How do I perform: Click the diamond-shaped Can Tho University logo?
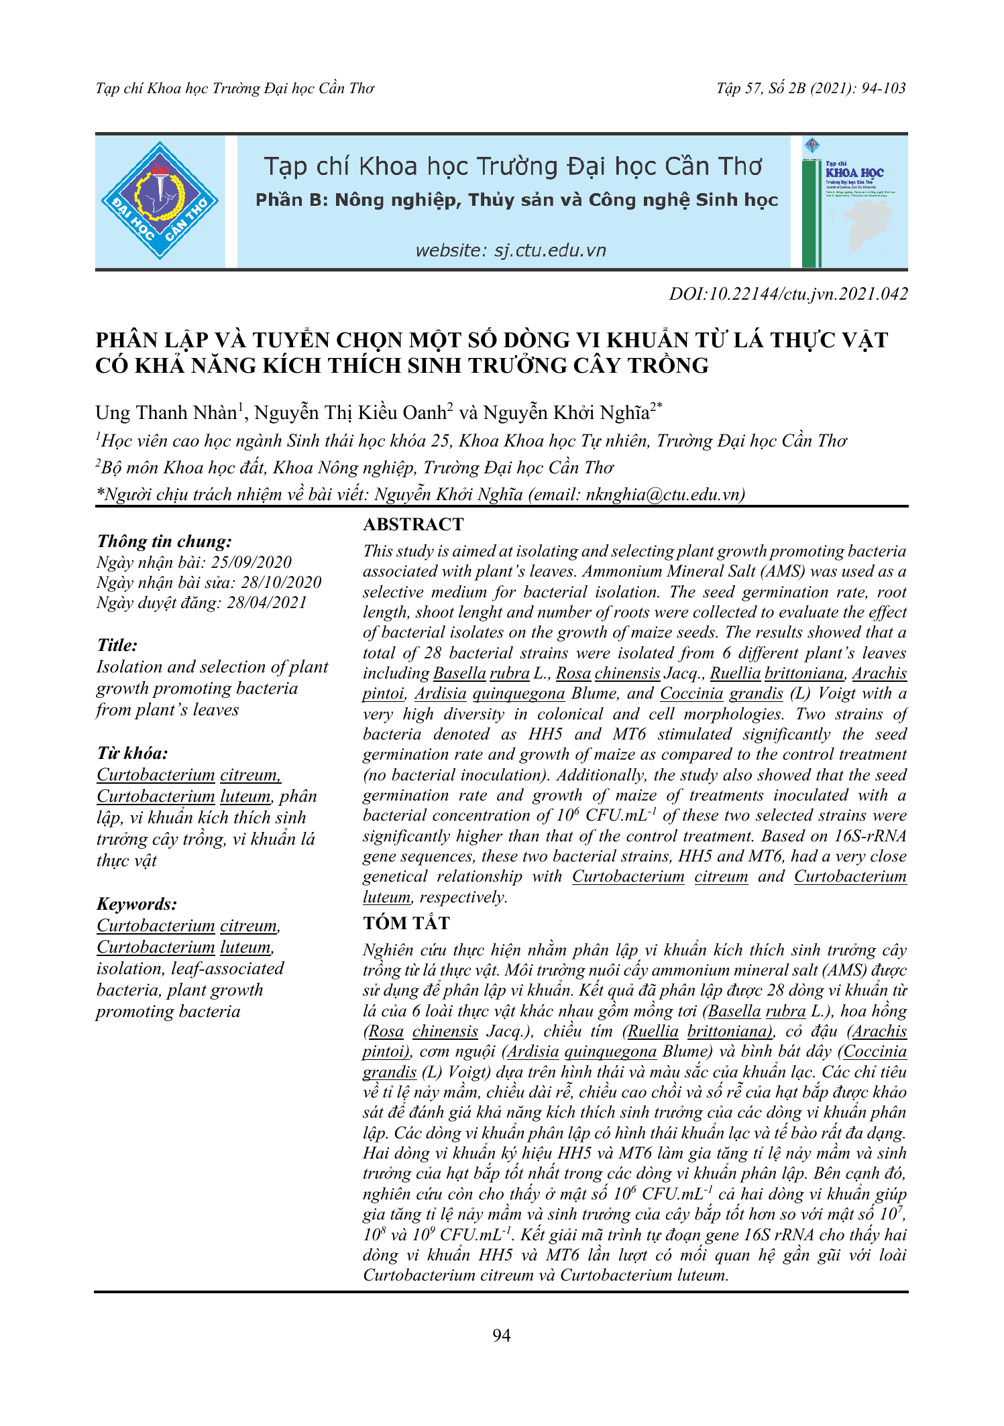point(160,200)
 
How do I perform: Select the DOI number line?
point(788,294)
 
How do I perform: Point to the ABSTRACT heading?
point(413,524)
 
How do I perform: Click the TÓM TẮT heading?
point(406,923)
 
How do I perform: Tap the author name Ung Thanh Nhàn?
point(166,412)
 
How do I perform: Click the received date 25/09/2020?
point(252,562)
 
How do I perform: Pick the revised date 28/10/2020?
point(281,583)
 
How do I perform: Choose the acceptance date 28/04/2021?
point(267,603)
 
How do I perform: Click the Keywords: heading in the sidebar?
point(137,904)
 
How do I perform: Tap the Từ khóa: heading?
point(132,753)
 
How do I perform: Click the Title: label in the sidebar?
point(117,645)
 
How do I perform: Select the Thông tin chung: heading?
point(164,541)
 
